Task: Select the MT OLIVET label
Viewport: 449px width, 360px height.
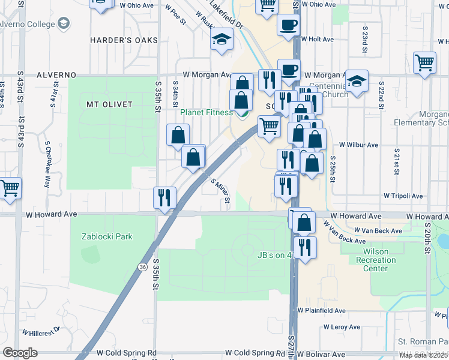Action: click(109, 104)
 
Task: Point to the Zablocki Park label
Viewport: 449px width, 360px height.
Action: click(107, 236)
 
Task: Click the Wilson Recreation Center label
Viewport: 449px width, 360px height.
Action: click(376, 260)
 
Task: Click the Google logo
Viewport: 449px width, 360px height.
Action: click(20, 353)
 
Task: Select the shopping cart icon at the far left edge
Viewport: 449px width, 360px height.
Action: click(8, 188)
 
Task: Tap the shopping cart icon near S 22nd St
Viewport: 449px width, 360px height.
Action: click(424, 63)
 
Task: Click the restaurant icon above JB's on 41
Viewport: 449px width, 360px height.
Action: click(305, 247)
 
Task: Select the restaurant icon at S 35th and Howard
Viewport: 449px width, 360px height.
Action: click(164, 197)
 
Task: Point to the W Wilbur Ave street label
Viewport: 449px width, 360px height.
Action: click(358, 145)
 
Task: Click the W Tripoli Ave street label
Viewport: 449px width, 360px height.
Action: click(403, 196)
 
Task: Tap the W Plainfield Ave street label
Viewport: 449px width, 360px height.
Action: click(322, 311)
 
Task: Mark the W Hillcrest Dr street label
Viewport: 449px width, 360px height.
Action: click(41, 331)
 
